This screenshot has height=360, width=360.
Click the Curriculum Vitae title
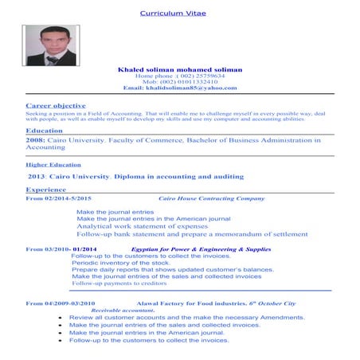[173, 14]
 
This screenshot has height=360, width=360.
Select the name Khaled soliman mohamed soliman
[179, 69]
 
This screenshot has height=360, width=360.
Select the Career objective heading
[56, 105]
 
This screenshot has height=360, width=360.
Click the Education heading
[45, 130]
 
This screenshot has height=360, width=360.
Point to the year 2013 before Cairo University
[37, 175]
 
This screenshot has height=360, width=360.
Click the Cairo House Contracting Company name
[211, 198]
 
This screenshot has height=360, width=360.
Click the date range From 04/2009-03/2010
[61, 303]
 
